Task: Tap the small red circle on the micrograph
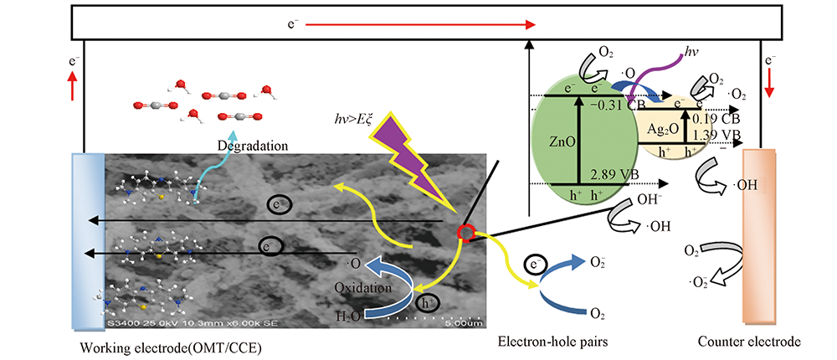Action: [465, 232]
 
